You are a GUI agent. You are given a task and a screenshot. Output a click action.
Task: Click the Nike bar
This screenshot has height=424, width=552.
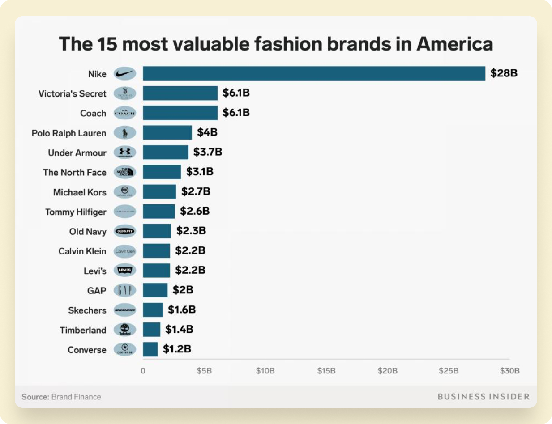[313, 74]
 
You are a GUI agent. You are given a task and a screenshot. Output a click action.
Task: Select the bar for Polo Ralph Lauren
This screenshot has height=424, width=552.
[167, 133]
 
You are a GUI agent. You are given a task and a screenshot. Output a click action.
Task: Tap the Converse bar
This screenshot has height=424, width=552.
[150, 349]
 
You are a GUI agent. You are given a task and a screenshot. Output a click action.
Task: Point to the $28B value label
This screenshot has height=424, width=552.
[504, 73]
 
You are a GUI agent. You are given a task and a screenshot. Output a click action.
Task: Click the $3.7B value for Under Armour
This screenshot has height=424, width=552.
[208, 152]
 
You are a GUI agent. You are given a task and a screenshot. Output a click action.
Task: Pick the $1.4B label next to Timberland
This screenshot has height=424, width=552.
[179, 330]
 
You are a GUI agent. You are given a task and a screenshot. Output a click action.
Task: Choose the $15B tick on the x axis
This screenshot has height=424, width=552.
[326, 371]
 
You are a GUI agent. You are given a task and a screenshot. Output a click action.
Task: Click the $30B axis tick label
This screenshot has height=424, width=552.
[509, 371]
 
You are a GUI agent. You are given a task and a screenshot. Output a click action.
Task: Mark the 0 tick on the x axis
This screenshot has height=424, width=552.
[143, 371]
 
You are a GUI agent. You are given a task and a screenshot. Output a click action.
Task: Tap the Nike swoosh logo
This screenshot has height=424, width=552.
[124, 74]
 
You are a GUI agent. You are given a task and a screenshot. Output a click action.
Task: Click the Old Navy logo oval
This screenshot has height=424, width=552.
[124, 231]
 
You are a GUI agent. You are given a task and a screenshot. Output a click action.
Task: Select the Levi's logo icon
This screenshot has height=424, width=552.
[124, 271]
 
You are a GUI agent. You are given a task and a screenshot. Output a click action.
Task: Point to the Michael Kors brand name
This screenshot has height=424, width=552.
[80, 192]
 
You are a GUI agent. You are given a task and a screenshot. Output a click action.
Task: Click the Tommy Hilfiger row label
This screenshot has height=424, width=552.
[76, 212]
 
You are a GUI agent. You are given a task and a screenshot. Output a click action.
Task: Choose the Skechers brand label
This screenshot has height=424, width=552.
[87, 310]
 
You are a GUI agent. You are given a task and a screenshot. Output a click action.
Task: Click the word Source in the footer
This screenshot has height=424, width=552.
[35, 397]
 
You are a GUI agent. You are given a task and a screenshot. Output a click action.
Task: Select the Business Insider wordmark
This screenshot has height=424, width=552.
[484, 397]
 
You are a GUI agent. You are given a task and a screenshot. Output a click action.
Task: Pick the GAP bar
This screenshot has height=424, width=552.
[155, 290]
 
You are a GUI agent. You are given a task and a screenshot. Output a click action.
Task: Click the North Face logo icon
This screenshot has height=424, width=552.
[124, 172]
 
